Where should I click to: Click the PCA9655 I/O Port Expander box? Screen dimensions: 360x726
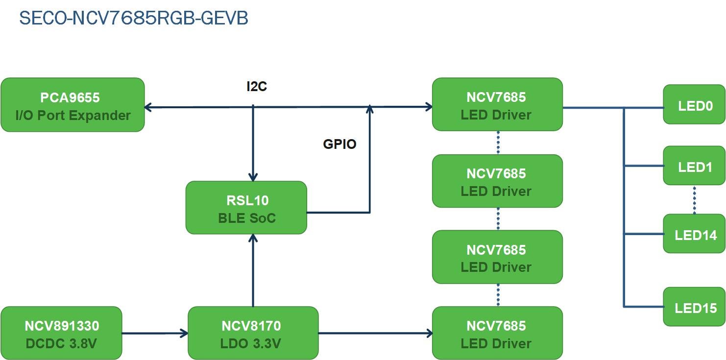(x=73, y=105)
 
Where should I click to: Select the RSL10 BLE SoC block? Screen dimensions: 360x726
(x=246, y=208)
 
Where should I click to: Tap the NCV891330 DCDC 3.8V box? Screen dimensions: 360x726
(x=61, y=333)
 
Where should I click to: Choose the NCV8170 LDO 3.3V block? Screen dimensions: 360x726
(x=253, y=333)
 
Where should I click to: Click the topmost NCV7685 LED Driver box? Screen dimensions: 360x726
(x=497, y=104)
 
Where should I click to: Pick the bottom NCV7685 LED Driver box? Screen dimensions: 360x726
(x=497, y=333)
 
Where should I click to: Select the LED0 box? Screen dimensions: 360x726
(x=694, y=105)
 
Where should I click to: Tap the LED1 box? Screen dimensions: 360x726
(x=694, y=166)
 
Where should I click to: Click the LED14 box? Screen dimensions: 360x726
(x=694, y=234)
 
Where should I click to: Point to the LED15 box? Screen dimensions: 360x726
(x=694, y=307)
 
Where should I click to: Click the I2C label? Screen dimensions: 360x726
(x=256, y=87)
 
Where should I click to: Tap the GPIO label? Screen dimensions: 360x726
(x=339, y=144)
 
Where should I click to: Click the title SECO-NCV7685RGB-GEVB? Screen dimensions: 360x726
(x=133, y=18)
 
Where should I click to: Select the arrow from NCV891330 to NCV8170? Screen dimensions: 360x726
(x=154, y=334)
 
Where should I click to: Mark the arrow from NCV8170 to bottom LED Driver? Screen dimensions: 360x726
(x=375, y=334)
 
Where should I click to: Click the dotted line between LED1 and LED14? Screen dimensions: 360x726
(x=694, y=199)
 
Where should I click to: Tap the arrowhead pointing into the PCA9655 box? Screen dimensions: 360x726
(x=148, y=106)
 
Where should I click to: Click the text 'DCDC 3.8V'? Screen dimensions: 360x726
(x=61, y=343)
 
